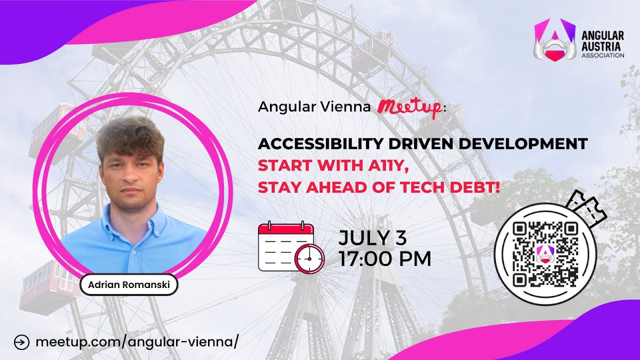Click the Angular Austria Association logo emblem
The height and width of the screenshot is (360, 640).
[x=552, y=40]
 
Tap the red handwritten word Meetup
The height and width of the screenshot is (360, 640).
[x=409, y=106]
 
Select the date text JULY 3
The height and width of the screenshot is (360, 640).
[x=372, y=238]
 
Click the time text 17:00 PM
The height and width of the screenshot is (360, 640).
[x=384, y=259]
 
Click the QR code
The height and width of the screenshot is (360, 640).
[x=545, y=253]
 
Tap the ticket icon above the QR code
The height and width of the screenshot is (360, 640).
[x=588, y=208]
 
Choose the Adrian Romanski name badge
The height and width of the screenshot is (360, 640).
[x=128, y=285]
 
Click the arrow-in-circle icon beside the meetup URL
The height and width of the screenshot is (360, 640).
[x=22, y=342]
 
